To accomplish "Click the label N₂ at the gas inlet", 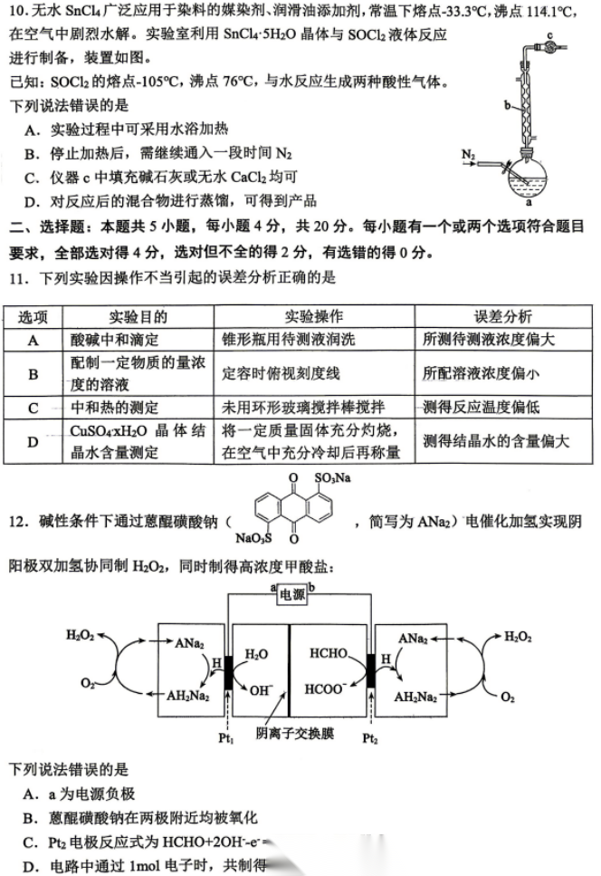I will (469, 155).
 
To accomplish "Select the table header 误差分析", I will (503, 316).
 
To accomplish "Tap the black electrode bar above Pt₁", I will (227, 671).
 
